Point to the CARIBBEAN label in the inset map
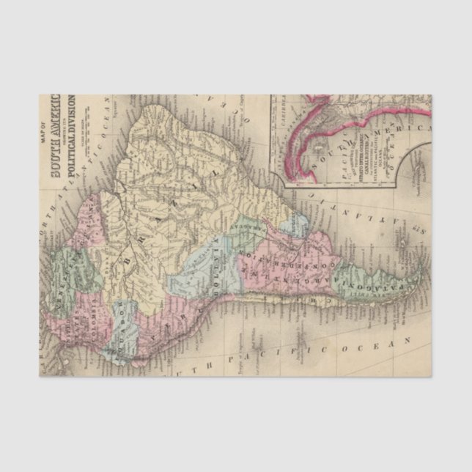(281, 110)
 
